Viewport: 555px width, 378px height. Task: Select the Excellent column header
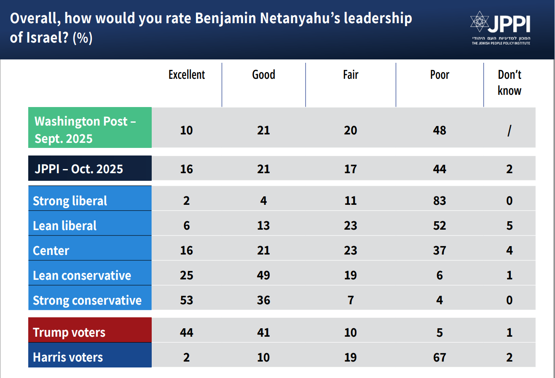187,75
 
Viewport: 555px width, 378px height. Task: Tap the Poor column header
440,75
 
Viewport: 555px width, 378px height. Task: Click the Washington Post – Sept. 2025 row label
84,130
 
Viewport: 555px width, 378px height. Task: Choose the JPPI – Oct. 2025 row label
79,169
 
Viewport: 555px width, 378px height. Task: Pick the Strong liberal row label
70,201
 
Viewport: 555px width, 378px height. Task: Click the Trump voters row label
69,332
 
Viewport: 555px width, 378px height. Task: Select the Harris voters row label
68,357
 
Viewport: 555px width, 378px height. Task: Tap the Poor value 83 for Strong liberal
440,201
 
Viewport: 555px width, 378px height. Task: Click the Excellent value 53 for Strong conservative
187,300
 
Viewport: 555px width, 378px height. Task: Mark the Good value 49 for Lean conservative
263,275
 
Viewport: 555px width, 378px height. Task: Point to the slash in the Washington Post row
509,130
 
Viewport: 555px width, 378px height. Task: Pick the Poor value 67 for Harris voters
440,357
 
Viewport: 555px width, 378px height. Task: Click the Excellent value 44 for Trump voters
187,332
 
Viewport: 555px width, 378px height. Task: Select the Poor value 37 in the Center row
440,250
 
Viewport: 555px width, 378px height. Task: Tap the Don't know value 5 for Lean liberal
509,225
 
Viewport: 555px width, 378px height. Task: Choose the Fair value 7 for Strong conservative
351,300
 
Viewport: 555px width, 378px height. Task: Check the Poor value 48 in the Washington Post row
440,130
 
